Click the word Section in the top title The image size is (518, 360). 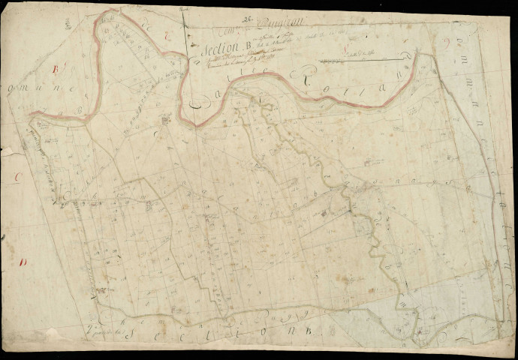click(x=217, y=50)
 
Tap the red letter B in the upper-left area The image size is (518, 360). click(x=55, y=69)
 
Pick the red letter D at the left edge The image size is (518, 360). click(x=24, y=262)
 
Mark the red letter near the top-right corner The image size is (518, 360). click(x=449, y=42)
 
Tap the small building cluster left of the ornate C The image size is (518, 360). click(x=164, y=120)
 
